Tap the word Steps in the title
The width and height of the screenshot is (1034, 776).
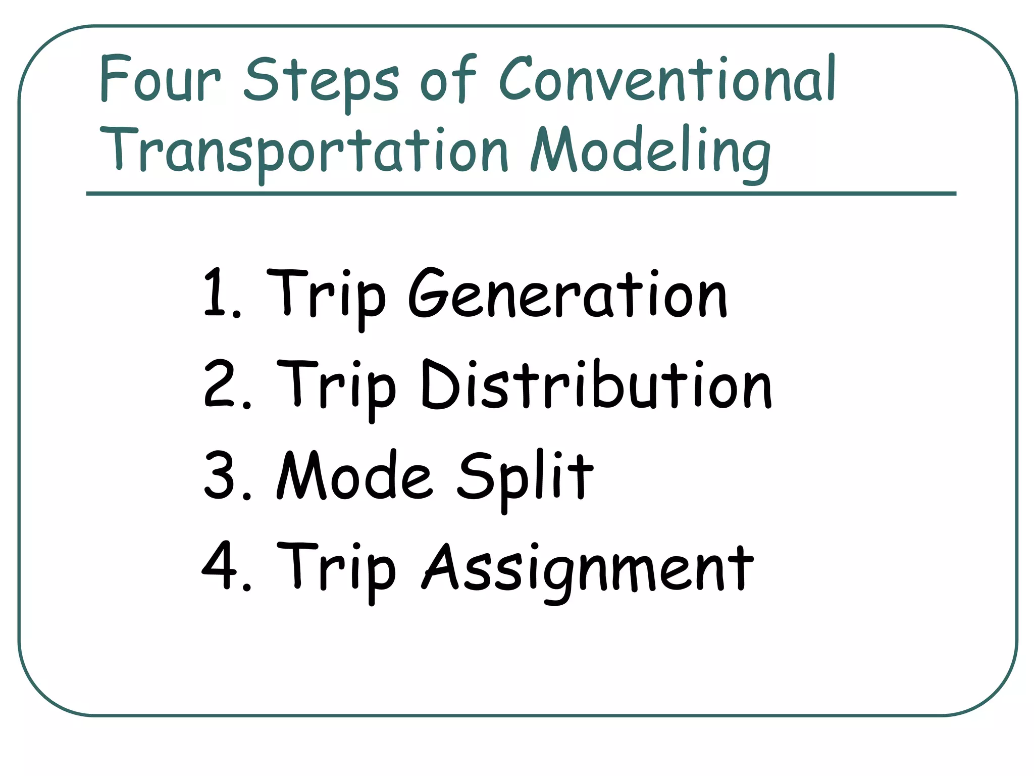(321, 81)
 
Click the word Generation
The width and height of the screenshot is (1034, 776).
(567, 294)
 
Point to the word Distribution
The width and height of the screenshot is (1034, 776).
(596, 385)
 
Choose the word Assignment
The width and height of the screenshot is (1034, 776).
(588, 568)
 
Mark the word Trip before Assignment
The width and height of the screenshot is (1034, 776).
(336, 568)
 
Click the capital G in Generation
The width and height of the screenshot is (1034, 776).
(429, 294)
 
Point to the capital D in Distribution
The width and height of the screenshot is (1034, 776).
(440, 385)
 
